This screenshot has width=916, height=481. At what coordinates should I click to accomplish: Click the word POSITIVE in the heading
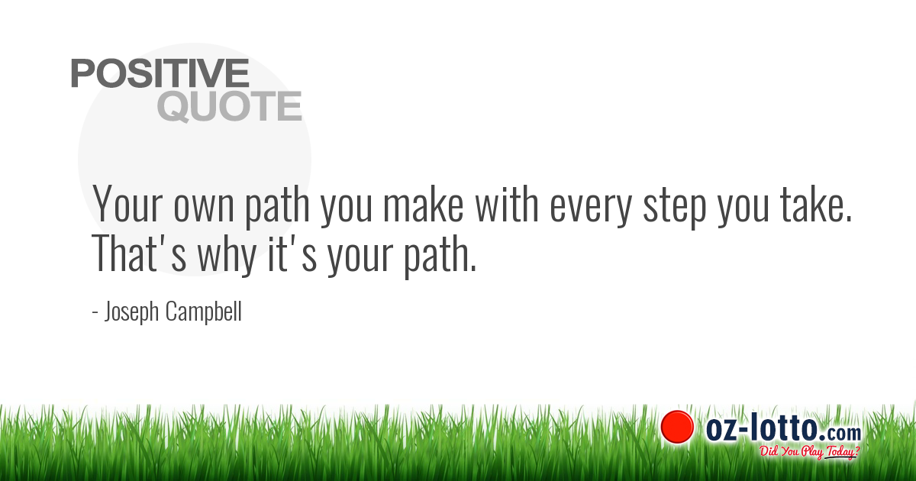[x=160, y=73]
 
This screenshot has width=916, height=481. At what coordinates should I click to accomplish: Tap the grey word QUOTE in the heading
[x=229, y=107]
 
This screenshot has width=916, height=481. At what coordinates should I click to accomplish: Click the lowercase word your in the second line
[x=360, y=258]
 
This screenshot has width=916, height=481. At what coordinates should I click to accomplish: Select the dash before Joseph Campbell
[x=95, y=314]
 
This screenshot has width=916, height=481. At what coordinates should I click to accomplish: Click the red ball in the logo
[x=676, y=427]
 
